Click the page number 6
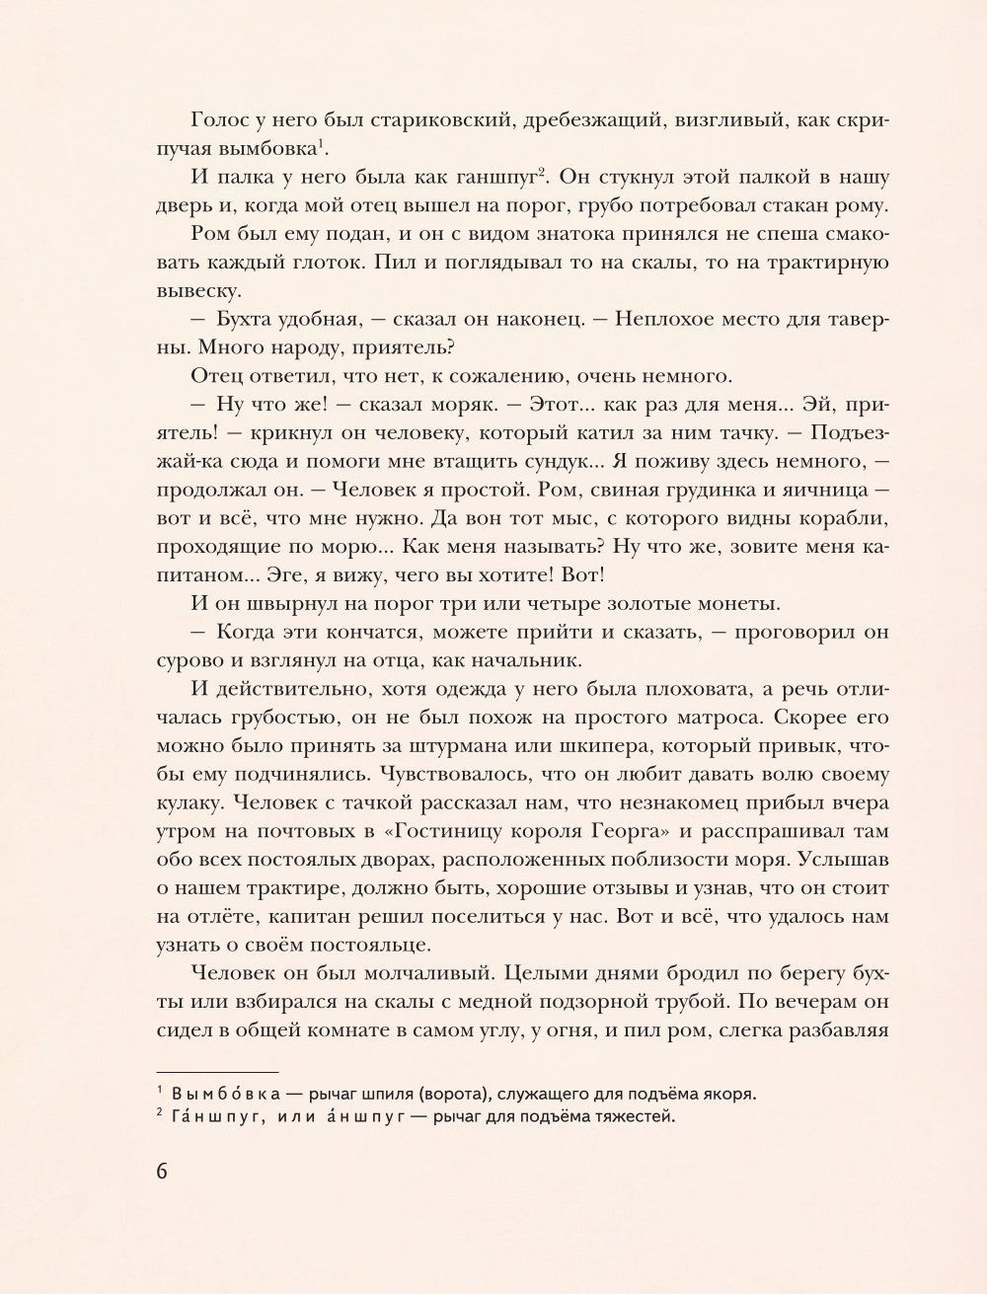pos(163,1172)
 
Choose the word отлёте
pos(228,916)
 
